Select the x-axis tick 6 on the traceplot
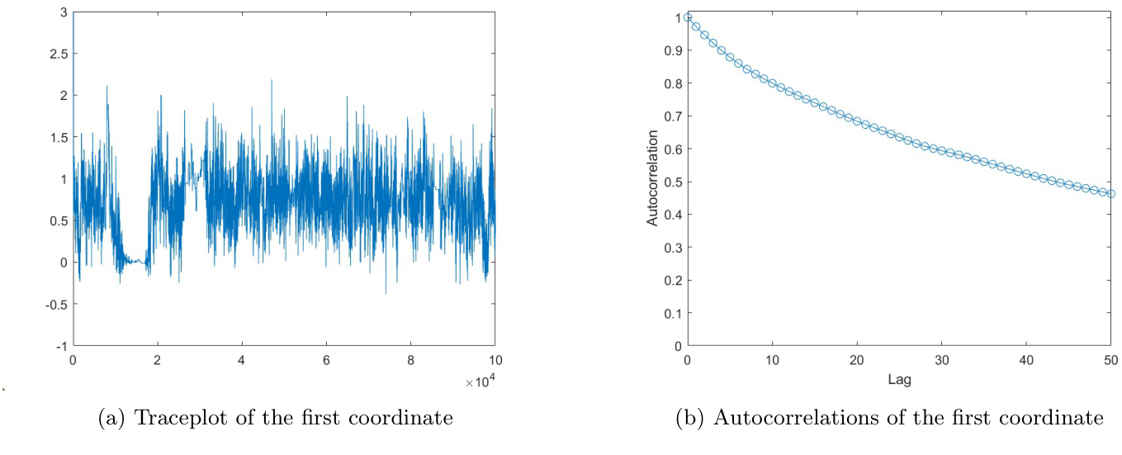326,361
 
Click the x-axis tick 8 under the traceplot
410,361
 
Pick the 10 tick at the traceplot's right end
495,361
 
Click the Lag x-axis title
899,381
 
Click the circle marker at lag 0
687,17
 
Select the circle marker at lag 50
1110,194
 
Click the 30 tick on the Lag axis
941,361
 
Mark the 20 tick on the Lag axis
856,361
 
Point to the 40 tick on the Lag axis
1025,361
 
